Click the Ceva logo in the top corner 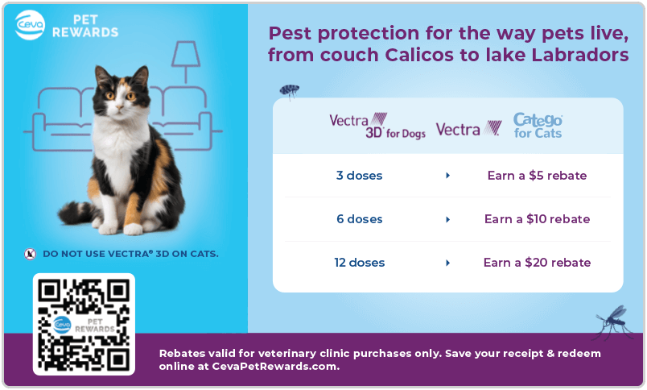pos(30,25)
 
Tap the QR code pos(84,324)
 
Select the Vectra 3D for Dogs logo pos(377,126)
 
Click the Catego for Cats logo pos(538,125)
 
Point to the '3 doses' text pos(359,176)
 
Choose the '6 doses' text pos(360,219)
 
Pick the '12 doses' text pos(360,263)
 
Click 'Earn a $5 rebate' pos(537,176)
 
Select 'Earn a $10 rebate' pos(537,219)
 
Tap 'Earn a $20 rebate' pos(537,263)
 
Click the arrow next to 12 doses pos(447,263)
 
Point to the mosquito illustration pos(612,322)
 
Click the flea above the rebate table pos(290,91)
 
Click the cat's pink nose pos(120,106)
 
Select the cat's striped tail pos(77,213)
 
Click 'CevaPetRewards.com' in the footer pos(274,367)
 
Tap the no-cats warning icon pos(30,254)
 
